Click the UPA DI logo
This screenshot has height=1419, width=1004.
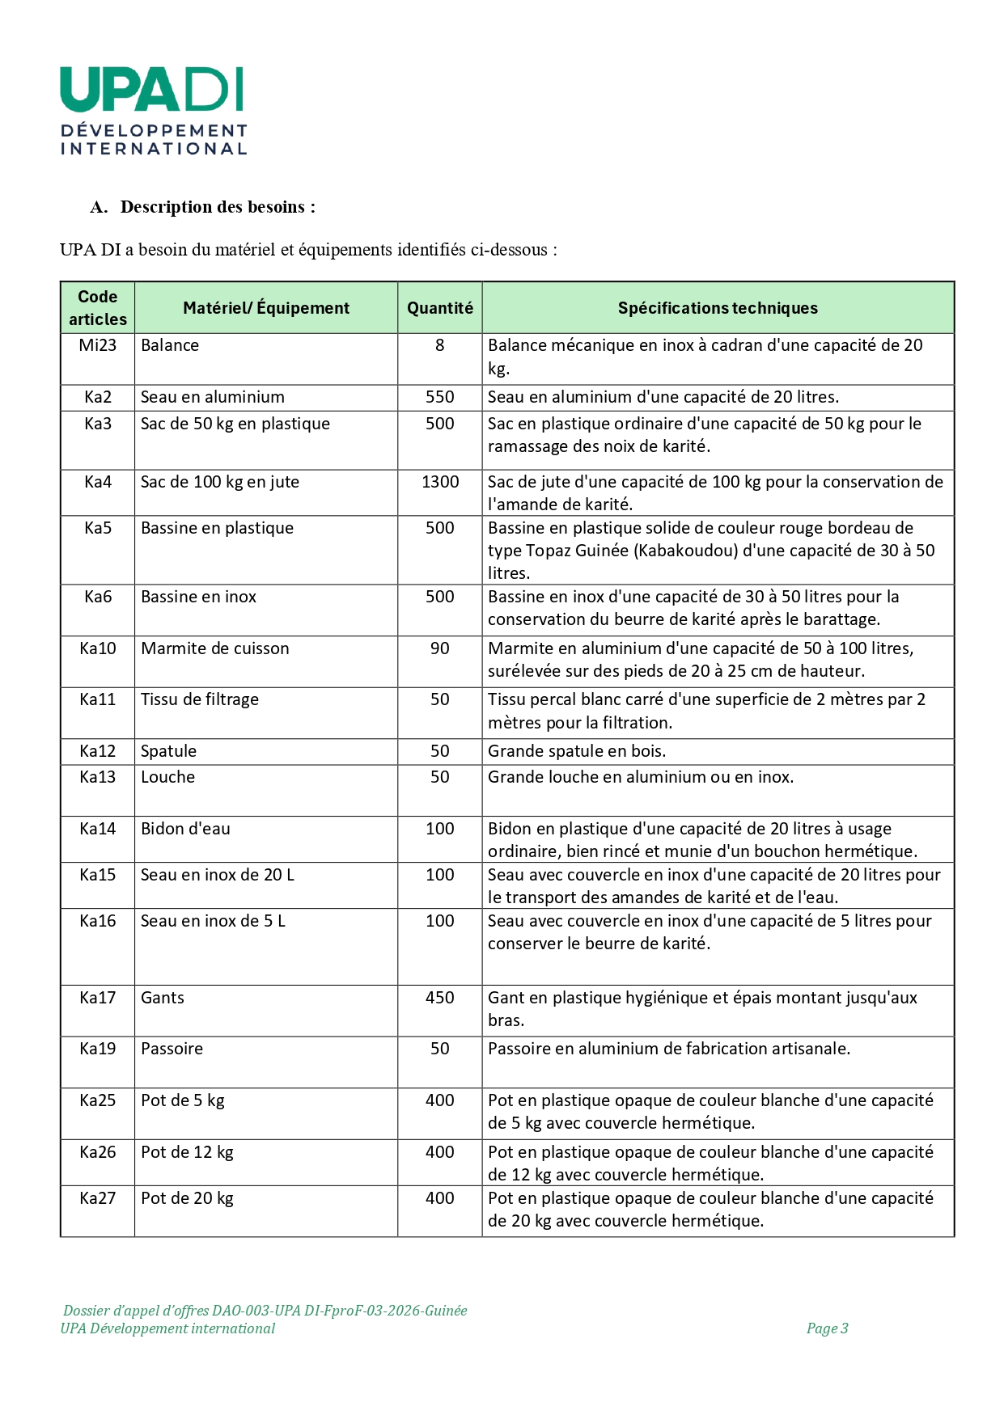click(x=153, y=110)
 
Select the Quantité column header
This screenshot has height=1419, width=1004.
click(x=439, y=308)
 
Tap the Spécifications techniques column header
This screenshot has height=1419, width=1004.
click(x=717, y=308)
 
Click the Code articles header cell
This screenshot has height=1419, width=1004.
click(x=98, y=308)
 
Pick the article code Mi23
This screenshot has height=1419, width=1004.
click(x=98, y=345)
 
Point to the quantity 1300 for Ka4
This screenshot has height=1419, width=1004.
click(x=439, y=482)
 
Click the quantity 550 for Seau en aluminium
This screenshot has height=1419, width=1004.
click(x=439, y=397)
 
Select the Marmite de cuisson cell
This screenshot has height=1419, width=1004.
click(x=214, y=648)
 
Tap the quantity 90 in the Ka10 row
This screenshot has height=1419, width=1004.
click(x=439, y=648)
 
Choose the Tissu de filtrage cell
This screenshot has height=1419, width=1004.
click(x=199, y=699)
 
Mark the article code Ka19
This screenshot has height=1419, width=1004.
click(x=98, y=1049)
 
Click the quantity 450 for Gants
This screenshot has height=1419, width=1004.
click(x=439, y=998)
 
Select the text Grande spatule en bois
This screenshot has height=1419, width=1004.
click(x=576, y=751)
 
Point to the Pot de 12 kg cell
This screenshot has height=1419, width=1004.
click(x=187, y=1152)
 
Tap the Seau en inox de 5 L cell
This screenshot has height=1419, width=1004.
click(x=213, y=921)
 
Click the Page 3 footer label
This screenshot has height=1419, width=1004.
click(x=827, y=1328)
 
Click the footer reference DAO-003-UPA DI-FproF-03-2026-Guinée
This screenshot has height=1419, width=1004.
click(x=339, y=1311)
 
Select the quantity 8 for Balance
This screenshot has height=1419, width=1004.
click(x=439, y=345)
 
